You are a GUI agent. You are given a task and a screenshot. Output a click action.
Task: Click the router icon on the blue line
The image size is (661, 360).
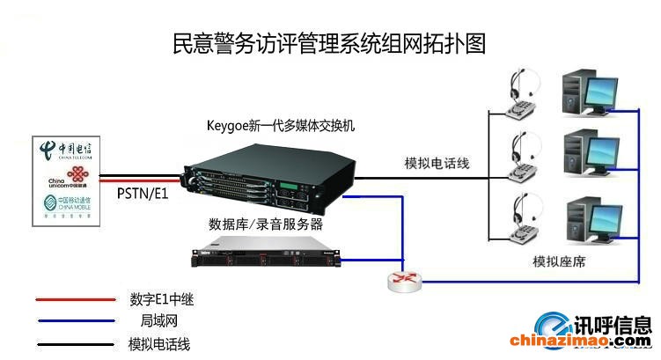(x=404, y=281)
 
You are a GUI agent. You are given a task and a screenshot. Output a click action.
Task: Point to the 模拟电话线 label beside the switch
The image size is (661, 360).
(x=437, y=163)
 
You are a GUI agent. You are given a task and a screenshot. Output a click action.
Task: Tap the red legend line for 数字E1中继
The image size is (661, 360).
(x=75, y=300)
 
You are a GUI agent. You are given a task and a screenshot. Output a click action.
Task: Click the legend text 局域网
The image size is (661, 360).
(x=160, y=322)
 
